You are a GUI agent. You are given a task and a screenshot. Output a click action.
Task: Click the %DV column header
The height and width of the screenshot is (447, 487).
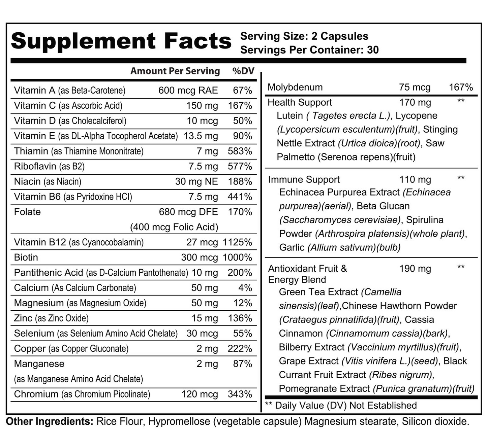243,71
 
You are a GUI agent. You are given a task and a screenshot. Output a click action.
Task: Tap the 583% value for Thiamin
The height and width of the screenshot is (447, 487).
240,151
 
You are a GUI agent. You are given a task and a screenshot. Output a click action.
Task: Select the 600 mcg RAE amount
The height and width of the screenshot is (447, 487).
188,90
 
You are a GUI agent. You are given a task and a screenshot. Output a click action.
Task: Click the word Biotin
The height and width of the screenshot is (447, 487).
26,257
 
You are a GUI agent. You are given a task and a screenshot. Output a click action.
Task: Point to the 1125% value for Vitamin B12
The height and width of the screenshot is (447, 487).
237,242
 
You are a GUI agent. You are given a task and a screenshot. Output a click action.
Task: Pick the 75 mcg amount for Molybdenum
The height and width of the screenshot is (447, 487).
415,88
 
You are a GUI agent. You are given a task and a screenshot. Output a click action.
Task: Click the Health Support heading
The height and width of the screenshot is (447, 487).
300,102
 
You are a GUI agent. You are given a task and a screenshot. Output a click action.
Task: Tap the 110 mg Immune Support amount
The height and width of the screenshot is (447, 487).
415,180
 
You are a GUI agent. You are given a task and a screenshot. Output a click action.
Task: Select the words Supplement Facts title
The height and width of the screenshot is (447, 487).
121,41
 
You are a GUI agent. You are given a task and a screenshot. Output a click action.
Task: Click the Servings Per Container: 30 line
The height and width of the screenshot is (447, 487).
309,50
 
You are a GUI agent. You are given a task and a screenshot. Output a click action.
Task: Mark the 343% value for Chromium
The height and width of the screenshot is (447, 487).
240,394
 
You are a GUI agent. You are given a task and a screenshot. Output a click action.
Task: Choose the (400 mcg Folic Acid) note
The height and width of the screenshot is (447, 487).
174,227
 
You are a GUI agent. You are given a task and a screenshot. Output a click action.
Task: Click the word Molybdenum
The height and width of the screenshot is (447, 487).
295,88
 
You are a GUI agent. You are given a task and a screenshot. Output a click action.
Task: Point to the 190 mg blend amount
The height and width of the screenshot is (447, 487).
415,269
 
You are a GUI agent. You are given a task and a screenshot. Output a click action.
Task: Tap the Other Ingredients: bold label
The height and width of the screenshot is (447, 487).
50,421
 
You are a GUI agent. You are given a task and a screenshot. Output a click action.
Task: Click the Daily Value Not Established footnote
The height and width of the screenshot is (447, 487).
341,406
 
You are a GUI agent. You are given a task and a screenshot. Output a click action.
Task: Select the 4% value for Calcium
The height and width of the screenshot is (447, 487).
245,288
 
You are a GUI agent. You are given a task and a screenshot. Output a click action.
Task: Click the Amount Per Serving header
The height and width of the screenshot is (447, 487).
175,71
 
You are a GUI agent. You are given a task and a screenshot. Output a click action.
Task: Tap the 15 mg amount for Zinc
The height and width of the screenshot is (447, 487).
205,318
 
